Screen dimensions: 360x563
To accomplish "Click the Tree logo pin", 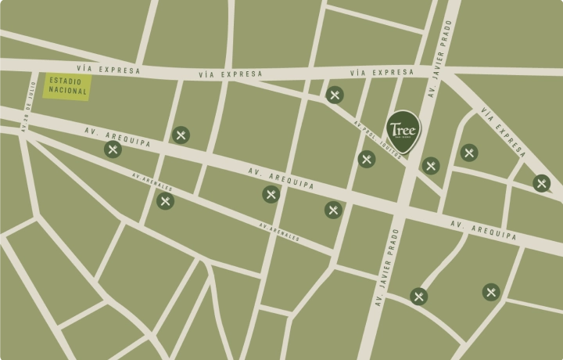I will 403,129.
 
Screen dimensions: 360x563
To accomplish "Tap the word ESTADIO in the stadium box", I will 66,81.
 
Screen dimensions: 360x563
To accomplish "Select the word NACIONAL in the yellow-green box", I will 66,92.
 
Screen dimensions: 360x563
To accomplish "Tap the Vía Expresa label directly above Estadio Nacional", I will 111,70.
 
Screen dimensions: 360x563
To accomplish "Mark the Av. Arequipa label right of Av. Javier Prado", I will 484,229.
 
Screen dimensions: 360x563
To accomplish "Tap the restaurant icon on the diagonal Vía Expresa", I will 541,183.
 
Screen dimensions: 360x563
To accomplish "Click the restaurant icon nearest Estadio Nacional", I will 113,149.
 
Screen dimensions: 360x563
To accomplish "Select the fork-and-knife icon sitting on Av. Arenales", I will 165,201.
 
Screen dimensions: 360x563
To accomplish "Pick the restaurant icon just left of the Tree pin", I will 367,159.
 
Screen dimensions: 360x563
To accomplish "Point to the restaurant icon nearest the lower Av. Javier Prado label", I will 419,296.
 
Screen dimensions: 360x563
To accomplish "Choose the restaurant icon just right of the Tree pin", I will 431,165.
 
